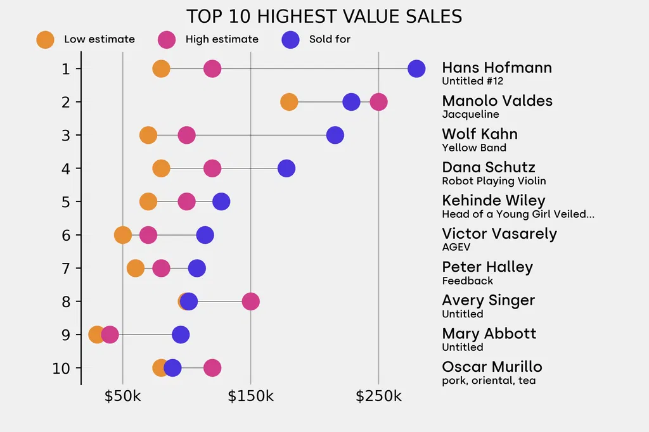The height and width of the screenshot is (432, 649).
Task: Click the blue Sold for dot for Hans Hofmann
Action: coord(416,68)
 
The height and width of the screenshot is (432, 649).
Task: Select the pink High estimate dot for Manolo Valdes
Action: coord(378,102)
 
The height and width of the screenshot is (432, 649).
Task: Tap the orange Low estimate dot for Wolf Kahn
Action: coord(148,135)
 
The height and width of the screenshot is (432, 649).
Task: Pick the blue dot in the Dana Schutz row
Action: coord(286,168)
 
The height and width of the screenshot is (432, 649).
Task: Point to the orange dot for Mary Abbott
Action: coord(96,334)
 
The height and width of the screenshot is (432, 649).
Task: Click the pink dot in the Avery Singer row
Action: coord(250,302)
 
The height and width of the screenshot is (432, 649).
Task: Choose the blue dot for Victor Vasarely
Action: coord(205,235)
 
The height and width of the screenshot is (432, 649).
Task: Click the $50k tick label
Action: coord(122,397)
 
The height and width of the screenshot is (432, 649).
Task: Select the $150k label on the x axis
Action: coord(250,397)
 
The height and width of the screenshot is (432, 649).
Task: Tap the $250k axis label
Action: coord(378,397)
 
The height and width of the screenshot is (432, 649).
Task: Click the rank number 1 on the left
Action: coord(66,68)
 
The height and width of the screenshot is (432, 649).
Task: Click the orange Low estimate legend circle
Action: coord(45,39)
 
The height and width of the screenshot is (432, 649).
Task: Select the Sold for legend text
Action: coord(330,39)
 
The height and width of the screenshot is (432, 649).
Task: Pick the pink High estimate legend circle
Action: coord(167,39)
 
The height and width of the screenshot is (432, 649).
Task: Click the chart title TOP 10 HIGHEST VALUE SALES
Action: coord(324,16)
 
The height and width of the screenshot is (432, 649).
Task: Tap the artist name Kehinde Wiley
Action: coord(493,201)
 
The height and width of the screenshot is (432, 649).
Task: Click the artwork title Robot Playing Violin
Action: coord(494,181)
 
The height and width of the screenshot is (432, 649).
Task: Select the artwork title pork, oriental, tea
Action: coord(488,381)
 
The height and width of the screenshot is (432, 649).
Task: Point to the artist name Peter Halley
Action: coord(487,267)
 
